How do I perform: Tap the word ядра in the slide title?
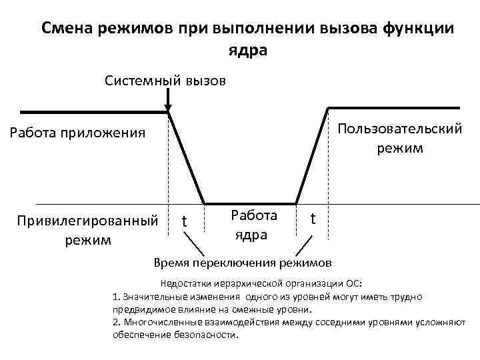(247, 51)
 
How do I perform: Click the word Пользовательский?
(399, 128)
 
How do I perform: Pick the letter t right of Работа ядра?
(314, 219)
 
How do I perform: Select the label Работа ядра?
(253, 225)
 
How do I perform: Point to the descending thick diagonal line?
(187, 157)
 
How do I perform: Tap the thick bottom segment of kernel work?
(250, 203)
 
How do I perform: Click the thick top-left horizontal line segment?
(93, 111)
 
